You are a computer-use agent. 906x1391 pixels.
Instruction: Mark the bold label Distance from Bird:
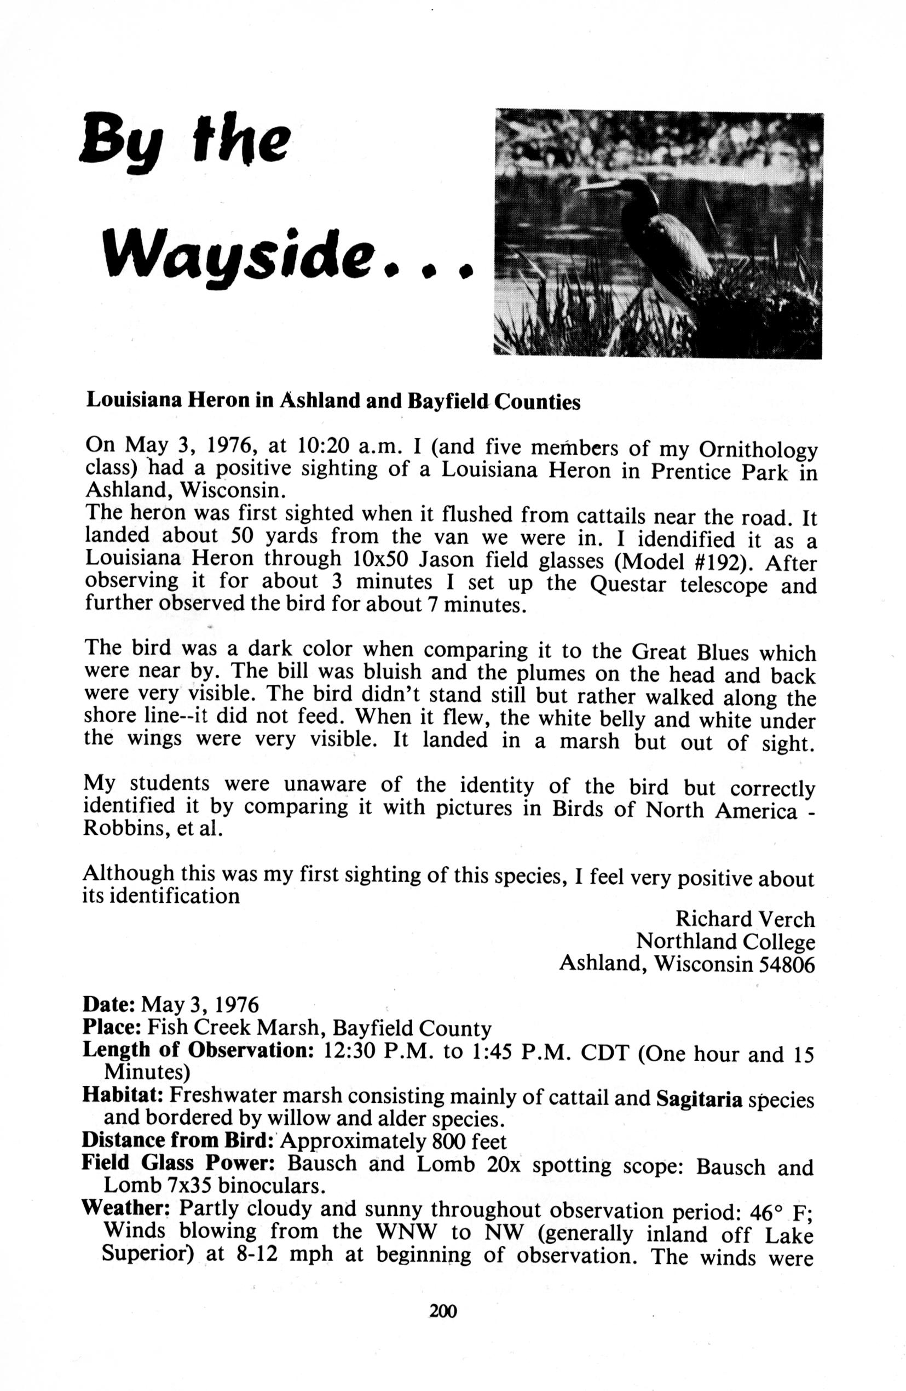[179, 1140]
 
